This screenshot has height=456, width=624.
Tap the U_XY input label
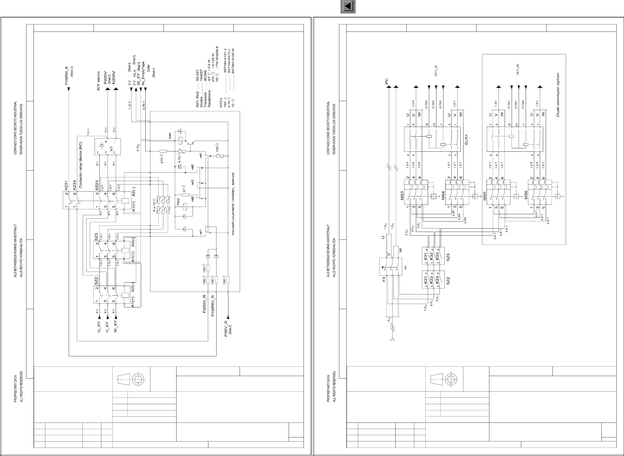[x=99, y=327]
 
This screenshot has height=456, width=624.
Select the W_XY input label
[x=115, y=327]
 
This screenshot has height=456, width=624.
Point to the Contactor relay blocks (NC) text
[x=81, y=165]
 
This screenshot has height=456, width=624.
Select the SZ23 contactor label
[x=97, y=184]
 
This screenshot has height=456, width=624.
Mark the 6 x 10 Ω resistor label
[x=154, y=207]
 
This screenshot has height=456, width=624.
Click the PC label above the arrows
[x=387, y=81]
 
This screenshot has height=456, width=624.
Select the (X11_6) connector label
[x=518, y=69]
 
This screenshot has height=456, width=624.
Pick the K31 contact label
[x=425, y=256]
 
